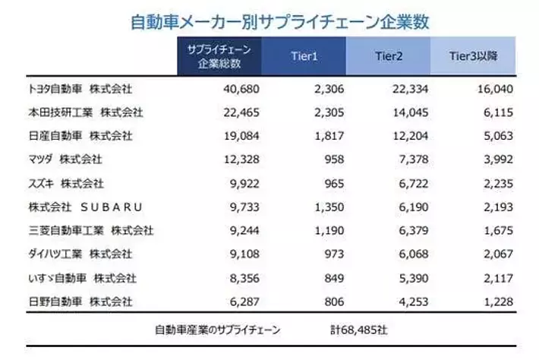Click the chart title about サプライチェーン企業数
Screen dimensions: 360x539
click(x=270, y=21)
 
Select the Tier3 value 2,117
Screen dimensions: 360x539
click(x=498, y=277)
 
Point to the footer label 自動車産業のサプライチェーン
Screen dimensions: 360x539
click(x=218, y=330)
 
